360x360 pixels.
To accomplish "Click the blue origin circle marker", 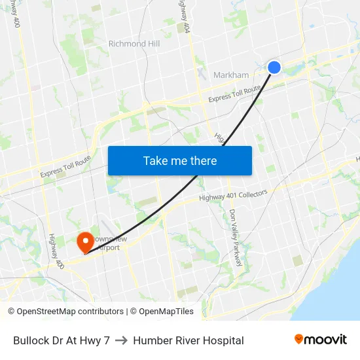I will point(274,67).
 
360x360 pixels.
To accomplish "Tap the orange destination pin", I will point(84,242).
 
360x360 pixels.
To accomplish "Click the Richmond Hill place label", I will point(134,44).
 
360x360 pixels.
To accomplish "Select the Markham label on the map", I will point(231,75).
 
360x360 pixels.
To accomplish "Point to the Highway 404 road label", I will point(186,16).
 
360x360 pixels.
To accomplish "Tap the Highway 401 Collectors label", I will point(233,195).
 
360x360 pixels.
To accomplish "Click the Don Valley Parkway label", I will point(236,238).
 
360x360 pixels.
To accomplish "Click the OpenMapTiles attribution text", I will point(166,312).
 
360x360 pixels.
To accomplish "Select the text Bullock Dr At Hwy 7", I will point(62,340).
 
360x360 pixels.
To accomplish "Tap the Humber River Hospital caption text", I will point(189,340).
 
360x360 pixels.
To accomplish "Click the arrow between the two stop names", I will point(121,340).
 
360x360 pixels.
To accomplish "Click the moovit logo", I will point(320,339).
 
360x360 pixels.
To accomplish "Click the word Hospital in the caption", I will point(222,340).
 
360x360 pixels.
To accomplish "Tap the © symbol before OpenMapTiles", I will point(133,312).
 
